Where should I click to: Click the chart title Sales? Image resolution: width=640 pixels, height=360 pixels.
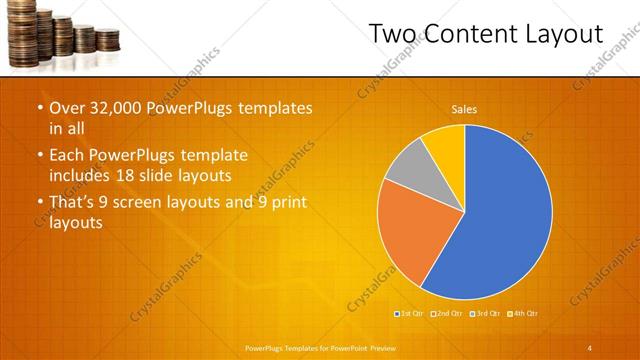tap(464, 108)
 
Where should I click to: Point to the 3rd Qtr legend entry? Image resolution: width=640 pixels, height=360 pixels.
tap(486, 314)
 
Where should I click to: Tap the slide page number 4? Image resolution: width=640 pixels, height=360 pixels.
tap(590, 347)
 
